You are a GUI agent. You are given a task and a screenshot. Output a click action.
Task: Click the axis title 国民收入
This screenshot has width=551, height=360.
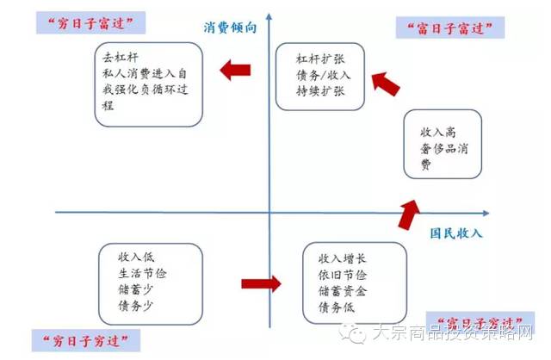[x=458, y=233]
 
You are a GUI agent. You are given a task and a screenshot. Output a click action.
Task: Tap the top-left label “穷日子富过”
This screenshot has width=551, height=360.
[x=88, y=22]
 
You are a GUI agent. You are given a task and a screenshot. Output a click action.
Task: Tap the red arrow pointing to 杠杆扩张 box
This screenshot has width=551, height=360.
[x=386, y=83]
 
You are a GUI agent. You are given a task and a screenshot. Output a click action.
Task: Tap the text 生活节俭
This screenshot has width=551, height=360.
[x=143, y=273]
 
